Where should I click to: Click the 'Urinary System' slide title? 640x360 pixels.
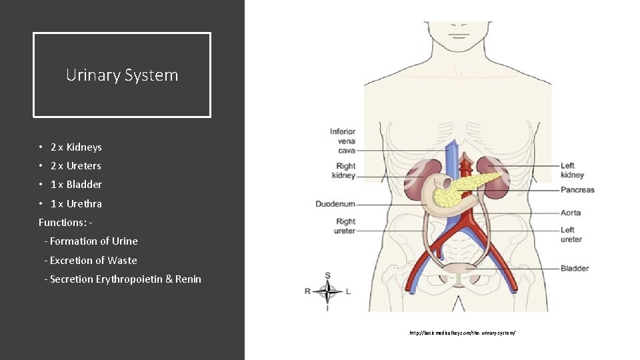122,75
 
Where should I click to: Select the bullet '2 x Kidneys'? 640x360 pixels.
76,147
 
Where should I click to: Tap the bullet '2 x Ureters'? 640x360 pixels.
75,166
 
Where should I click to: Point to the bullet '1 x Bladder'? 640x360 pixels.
76,185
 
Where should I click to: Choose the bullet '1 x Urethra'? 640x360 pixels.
76,204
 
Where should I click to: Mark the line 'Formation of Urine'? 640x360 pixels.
93,241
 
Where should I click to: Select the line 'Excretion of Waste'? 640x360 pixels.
93,261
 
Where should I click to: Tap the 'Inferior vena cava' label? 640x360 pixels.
343,141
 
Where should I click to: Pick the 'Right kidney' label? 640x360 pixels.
344,171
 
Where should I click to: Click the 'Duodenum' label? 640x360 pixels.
335,203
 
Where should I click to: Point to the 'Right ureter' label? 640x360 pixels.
345,226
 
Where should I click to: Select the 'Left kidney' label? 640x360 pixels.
572,170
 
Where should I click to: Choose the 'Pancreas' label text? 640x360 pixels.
577,190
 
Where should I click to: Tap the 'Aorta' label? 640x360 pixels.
571,213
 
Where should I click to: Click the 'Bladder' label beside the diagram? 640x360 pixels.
575,269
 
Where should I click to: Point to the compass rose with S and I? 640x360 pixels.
328,291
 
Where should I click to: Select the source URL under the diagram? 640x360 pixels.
463,332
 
